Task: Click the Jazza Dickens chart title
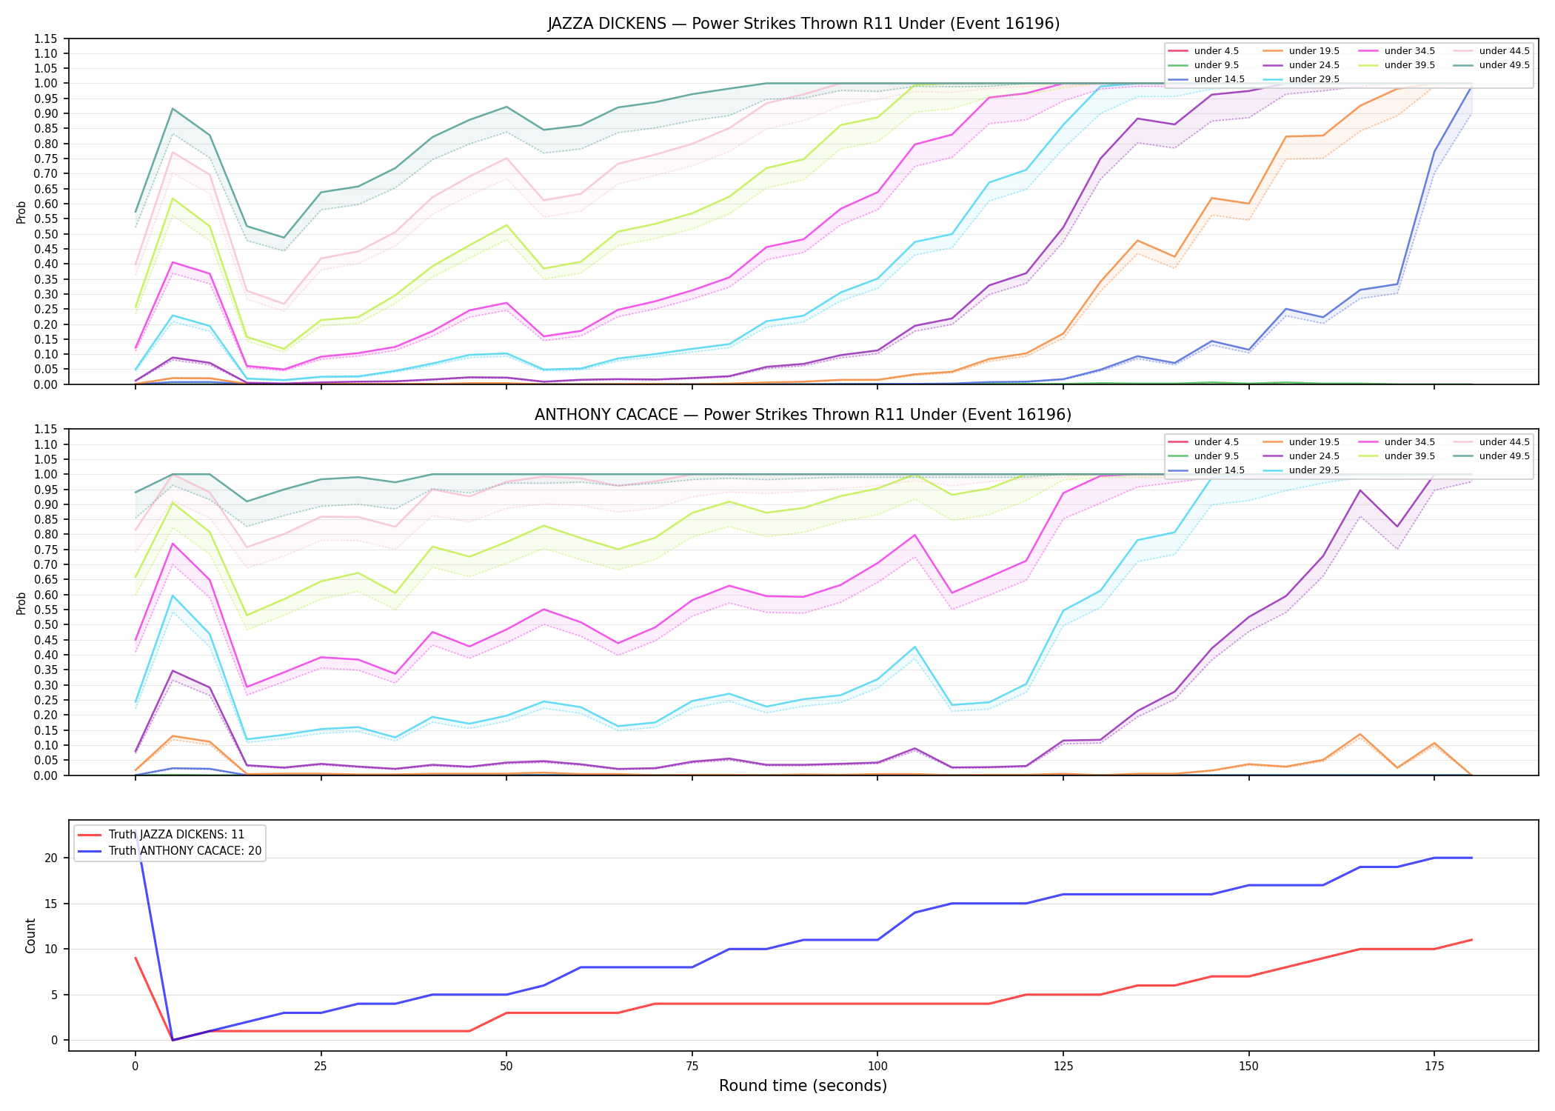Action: coord(803,24)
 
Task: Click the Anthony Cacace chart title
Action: coord(803,415)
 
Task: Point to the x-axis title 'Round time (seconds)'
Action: coord(803,1086)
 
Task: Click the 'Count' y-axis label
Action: coord(30,935)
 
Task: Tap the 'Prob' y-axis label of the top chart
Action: coord(21,212)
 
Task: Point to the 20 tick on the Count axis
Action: coord(51,858)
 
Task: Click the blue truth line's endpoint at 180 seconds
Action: coord(1471,858)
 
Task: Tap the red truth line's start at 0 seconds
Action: coord(136,958)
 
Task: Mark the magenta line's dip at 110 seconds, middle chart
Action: coord(952,593)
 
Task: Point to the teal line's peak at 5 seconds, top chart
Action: coord(173,109)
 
